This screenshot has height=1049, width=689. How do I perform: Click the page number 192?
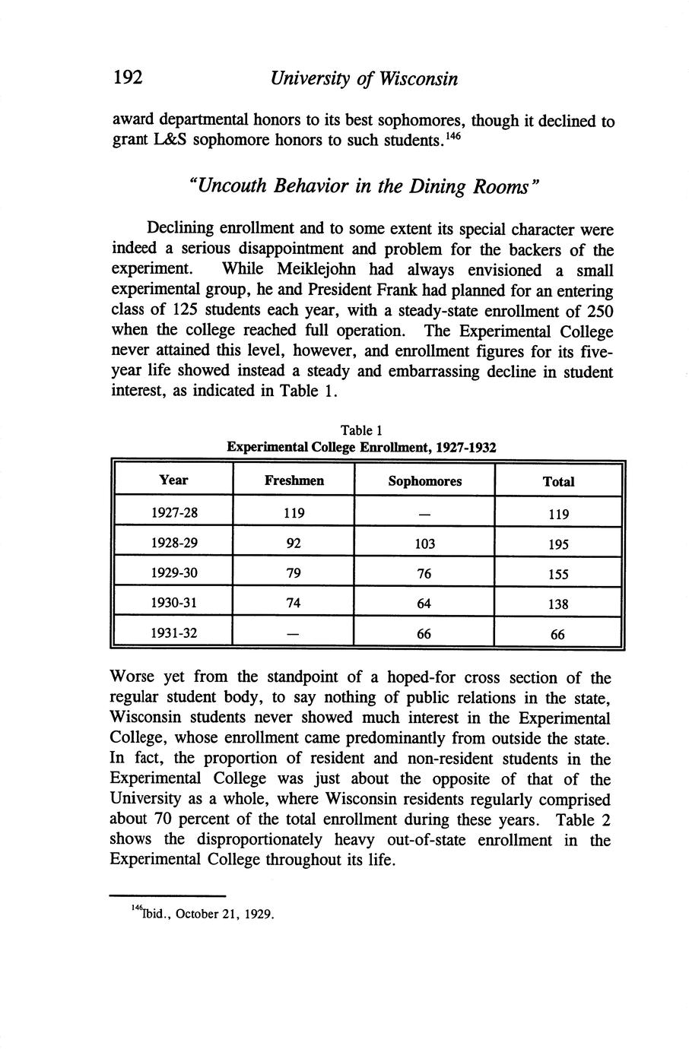tap(128, 78)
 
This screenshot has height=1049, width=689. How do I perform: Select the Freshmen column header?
tap(294, 480)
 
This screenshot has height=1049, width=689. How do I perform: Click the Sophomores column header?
tap(424, 481)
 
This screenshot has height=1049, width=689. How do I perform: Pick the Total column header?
tap(558, 481)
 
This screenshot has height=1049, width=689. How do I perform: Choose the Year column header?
tap(173, 480)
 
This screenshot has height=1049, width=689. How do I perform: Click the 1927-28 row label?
tap(173, 512)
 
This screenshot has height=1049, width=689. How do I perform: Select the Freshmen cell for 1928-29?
tap(294, 544)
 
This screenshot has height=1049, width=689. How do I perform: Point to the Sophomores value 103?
tap(424, 544)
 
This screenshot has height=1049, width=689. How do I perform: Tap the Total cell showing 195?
tap(558, 545)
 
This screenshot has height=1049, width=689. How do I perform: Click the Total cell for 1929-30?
tap(558, 575)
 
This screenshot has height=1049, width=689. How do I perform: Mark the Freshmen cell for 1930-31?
tap(294, 603)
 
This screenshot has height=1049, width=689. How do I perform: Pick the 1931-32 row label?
tap(173, 632)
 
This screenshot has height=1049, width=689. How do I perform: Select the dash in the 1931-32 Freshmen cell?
tap(294, 633)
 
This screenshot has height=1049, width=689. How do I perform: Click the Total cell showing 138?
tap(558, 604)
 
